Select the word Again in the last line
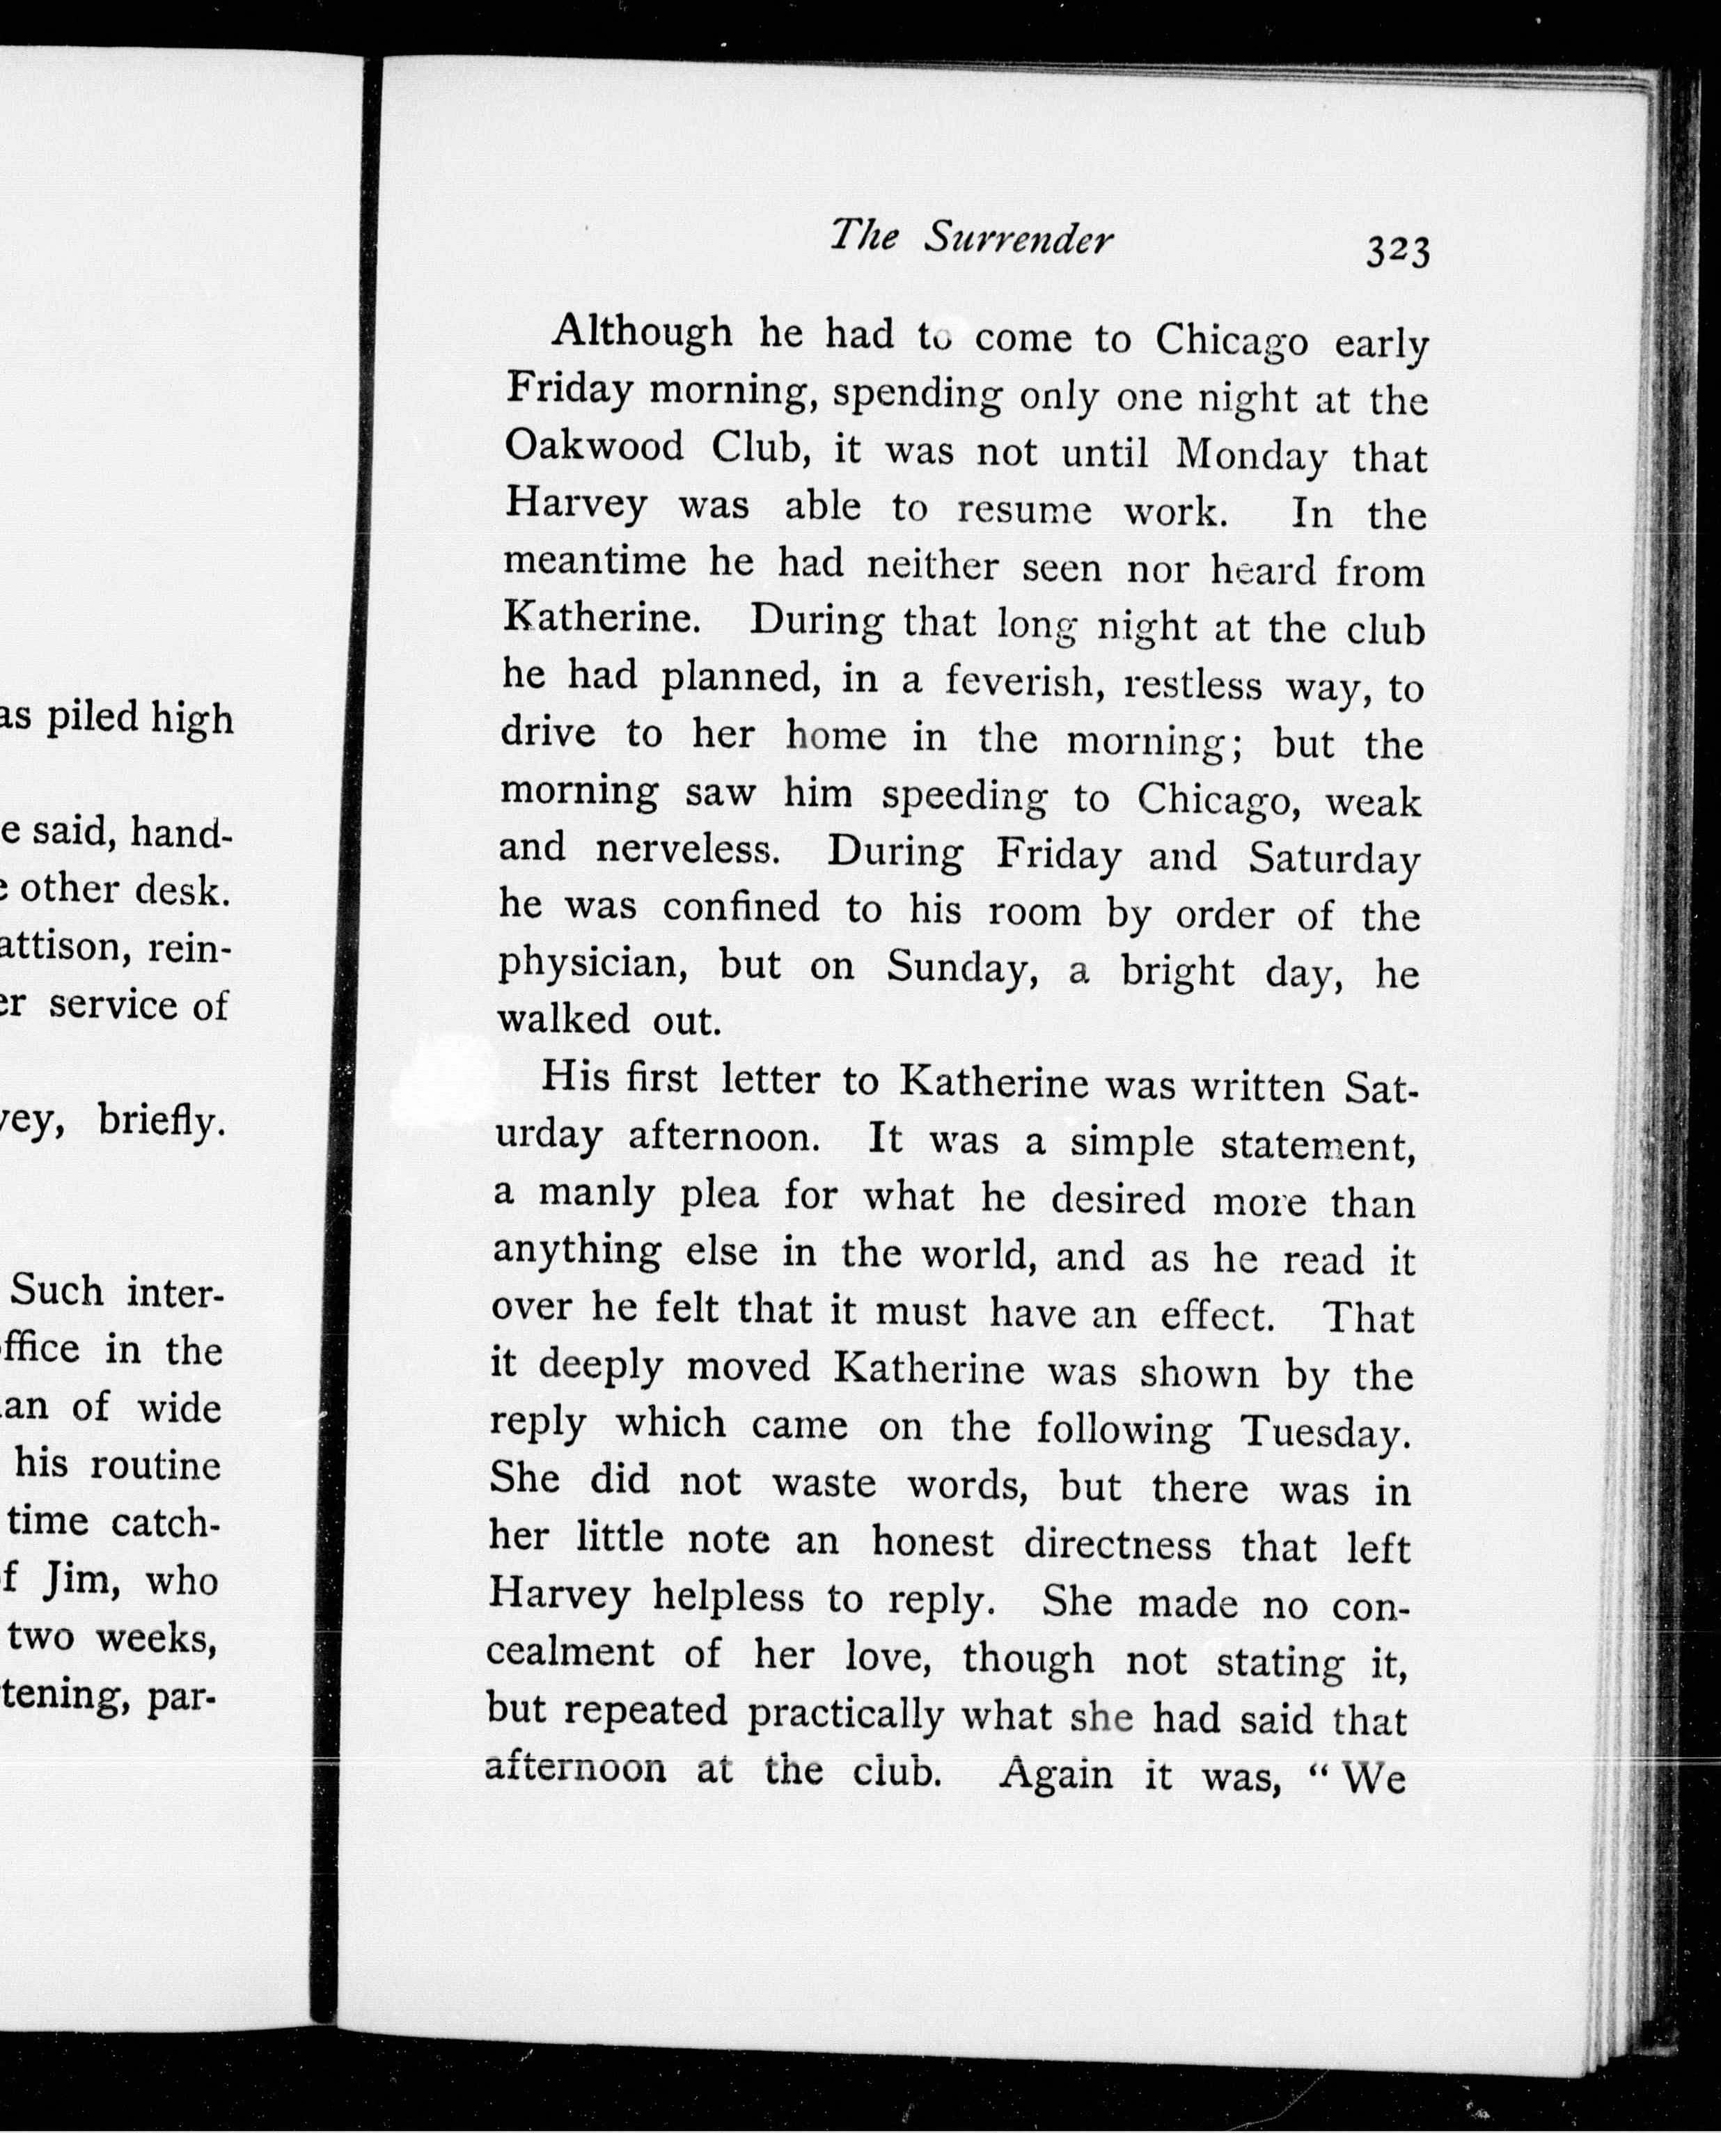click(x=1056, y=1771)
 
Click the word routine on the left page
click(x=155, y=1465)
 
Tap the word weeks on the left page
click(x=156, y=1637)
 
